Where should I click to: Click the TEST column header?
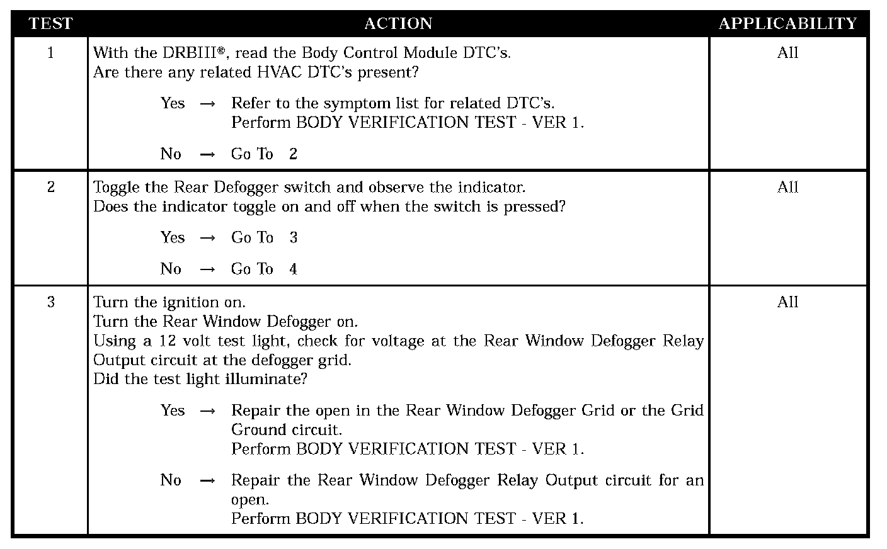[50, 24]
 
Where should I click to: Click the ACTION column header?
[398, 24]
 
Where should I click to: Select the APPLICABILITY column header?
[787, 24]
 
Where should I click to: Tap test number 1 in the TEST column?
[50, 53]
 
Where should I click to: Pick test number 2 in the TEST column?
[50, 187]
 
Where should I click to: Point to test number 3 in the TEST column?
[50, 302]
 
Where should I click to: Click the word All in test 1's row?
[787, 53]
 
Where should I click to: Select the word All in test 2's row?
[787, 187]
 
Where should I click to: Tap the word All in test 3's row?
[787, 302]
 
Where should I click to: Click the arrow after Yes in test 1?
[207, 104]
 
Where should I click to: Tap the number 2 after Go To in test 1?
[293, 154]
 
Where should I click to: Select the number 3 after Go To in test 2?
[293, 238]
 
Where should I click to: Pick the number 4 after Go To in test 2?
[293, 269]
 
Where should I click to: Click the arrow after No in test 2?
[207, 269]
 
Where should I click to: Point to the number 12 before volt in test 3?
[166, 341]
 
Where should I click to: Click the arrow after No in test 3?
[207, 481]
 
